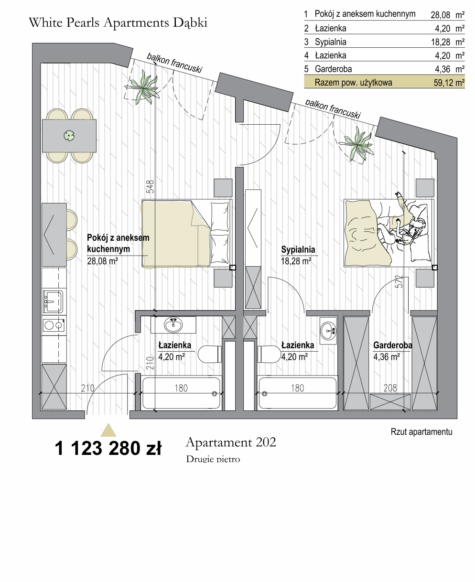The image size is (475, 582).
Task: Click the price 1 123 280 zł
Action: [108, 448]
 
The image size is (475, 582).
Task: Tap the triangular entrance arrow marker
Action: [108, 430]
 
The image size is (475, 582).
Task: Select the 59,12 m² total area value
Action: [449, 82]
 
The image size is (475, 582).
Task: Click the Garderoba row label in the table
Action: [333, 69]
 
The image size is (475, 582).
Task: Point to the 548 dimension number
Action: [151, 186]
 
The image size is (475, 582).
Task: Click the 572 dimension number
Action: [399, 281]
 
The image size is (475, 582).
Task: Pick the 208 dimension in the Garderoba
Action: [390, 388]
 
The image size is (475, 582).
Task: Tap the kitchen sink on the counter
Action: [53, 301]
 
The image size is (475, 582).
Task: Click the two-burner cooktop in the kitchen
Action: [54, 325]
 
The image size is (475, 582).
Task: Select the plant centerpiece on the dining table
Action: [69, 136]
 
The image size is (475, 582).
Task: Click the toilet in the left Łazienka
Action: [210, 354]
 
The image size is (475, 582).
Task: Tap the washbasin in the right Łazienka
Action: [328, 330]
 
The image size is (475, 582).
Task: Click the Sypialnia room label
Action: [298, 249]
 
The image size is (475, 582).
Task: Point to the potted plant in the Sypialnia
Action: [357, 144]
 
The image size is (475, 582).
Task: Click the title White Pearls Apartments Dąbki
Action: [118, 22]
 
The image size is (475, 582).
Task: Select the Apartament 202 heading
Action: [231, 442]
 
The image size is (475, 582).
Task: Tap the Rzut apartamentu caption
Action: [421, 432]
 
